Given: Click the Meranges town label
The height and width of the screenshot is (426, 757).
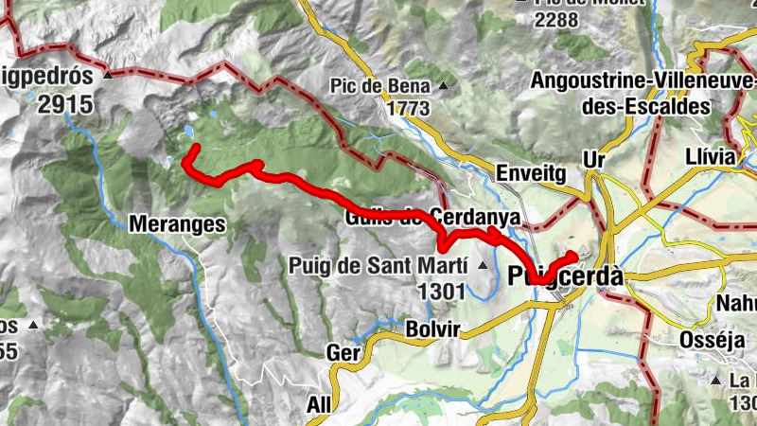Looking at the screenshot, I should pos(177,224).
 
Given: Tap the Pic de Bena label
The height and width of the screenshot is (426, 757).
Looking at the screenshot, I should pos(379,86).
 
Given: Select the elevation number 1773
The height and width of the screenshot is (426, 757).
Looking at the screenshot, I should pos(408,109).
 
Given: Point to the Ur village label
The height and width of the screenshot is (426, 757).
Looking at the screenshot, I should pos(593,155).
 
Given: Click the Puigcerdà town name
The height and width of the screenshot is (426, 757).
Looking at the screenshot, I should pos(566,276).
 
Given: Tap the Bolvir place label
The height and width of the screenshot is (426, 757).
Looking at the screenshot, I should pos(432,328).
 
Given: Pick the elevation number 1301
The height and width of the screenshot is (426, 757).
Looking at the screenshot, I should pos(440,292).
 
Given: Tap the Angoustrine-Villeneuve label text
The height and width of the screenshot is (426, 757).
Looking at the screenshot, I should pos(621,81).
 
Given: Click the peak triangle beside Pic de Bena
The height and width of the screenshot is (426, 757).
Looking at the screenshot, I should pos(442,87).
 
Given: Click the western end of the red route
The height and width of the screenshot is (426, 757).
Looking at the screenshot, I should pos(192,148).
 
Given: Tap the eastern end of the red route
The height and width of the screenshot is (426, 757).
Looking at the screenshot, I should pos(573,255).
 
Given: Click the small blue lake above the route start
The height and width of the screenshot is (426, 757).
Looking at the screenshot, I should pos(192,131).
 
